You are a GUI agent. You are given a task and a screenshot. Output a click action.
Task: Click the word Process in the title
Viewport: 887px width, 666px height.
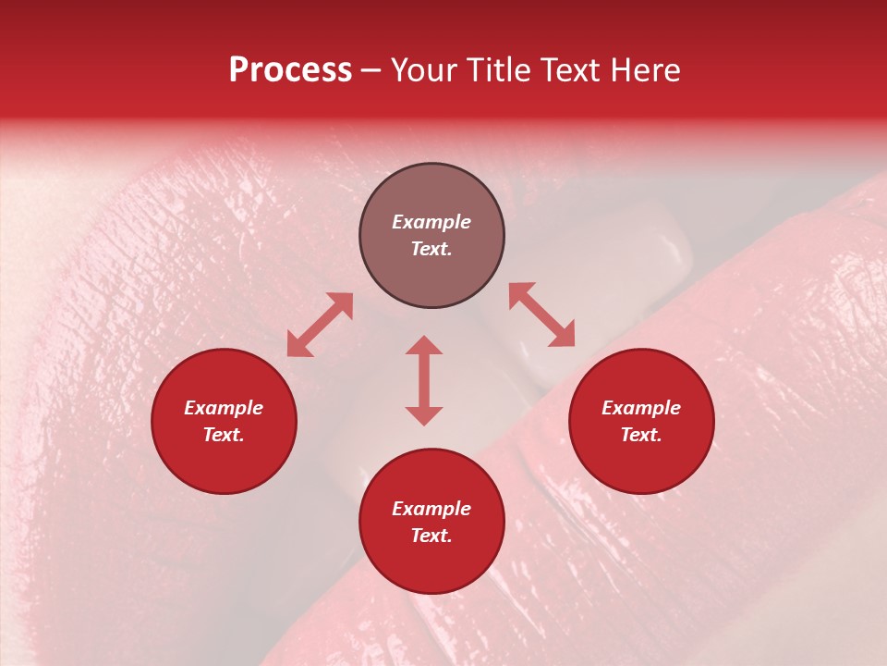click(290, 70)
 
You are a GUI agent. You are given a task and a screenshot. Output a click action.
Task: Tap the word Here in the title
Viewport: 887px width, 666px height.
click(645, 70)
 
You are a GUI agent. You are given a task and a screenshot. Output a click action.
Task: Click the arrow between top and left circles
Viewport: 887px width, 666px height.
click(320, 325)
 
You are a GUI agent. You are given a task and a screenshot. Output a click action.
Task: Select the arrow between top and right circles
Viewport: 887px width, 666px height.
click(541, 314)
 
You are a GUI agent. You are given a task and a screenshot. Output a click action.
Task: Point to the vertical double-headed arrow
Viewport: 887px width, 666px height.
click(424, 380)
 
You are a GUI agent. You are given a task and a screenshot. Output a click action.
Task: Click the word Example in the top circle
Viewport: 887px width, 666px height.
click(431, 222)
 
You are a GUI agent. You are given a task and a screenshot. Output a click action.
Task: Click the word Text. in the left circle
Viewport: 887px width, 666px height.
click(224, 436)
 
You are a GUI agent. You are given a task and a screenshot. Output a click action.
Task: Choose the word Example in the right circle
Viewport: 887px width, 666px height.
click(641, 408)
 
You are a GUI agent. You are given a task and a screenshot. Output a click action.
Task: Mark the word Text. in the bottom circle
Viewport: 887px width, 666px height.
click(431, 536)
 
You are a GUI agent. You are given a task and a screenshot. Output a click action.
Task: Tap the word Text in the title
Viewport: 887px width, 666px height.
click(576, 70)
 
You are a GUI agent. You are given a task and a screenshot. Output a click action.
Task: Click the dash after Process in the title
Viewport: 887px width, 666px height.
click(371, 71)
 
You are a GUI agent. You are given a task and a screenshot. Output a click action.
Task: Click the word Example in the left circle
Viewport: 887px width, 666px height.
click(224, 408)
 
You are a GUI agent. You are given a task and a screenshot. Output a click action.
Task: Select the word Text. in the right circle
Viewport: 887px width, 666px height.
click(641, 436)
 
